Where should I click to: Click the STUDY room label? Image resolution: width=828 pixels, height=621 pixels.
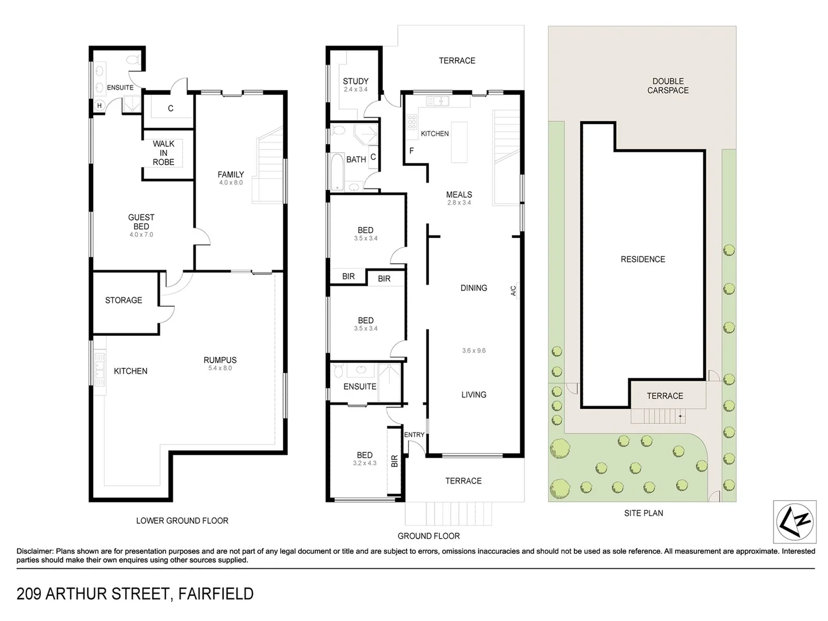355,81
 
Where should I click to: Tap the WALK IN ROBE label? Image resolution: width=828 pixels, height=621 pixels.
163,153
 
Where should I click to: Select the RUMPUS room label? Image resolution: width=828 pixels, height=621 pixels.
220,360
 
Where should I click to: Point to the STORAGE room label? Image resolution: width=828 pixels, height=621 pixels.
124,300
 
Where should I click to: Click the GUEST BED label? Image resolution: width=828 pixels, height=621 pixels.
141,222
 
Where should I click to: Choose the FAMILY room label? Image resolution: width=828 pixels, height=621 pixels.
231,174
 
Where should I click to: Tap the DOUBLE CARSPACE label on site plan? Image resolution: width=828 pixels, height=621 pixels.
668,86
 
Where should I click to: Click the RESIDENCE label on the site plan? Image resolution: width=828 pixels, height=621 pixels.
643,259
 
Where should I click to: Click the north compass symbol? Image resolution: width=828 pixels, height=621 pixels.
795,521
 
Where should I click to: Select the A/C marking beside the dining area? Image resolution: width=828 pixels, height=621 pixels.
513,291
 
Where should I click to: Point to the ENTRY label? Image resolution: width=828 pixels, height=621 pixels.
414,435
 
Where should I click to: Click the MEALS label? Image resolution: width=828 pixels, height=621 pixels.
459,194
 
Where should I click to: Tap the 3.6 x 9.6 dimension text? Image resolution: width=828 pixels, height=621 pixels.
473,350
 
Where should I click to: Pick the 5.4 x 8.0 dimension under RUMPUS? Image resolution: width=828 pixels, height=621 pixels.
220,368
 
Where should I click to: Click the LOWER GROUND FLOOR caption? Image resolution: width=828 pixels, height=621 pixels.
182,520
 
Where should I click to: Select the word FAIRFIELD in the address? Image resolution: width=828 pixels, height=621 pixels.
216,593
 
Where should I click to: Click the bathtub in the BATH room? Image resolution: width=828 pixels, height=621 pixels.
336,170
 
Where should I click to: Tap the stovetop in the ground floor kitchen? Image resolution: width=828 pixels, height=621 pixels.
412,122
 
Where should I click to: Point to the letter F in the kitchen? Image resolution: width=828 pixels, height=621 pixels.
411,151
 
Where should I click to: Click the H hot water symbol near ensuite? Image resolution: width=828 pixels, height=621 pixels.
99,106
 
